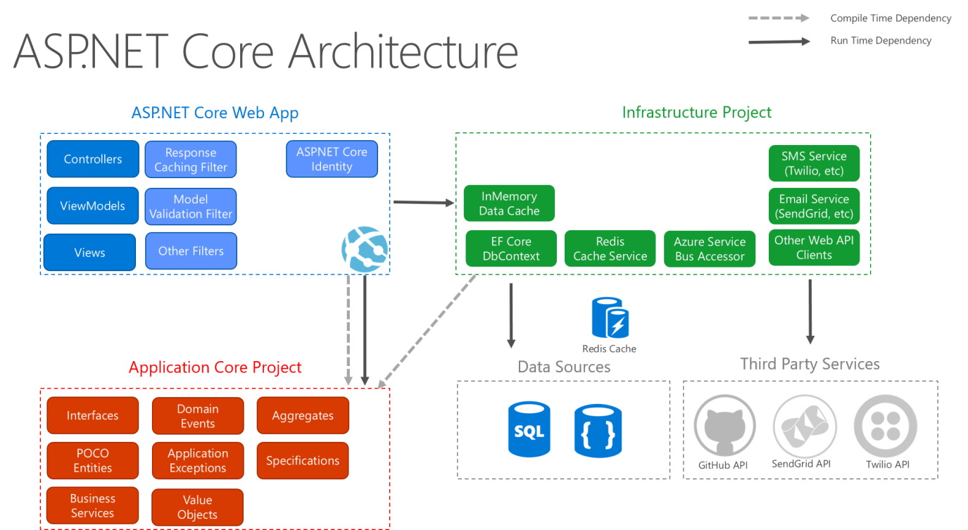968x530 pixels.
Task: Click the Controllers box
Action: [93, 159]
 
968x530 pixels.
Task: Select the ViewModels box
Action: [93, 206]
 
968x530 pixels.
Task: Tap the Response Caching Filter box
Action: [191, 160]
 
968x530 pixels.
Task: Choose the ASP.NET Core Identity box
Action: [332, 159]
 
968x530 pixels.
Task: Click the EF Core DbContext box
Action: [511, 248]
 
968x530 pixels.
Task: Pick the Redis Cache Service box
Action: [610, 248]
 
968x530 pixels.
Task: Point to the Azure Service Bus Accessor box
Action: [710, 248]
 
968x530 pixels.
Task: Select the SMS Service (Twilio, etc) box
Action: [814, 163]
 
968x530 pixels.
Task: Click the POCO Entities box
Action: [93, 460]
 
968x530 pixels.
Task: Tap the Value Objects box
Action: [197, 507]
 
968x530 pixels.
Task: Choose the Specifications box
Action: [303, 460]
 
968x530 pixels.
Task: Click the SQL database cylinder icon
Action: [529, 429]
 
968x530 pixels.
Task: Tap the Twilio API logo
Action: [887, 426]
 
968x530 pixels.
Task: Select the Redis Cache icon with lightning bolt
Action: [610, 318]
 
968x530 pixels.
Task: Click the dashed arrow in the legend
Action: [779, 18]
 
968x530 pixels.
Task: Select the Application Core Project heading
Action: [215, 367]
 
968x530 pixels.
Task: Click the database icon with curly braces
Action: [598, 429]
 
